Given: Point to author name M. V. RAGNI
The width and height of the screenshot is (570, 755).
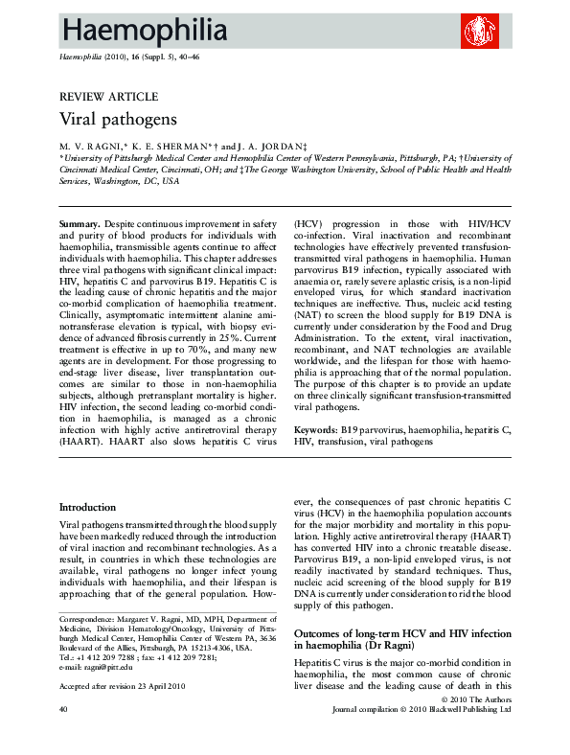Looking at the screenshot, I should [x=93, y=146].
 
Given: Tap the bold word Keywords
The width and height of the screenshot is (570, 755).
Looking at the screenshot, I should [x=316, y=431].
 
